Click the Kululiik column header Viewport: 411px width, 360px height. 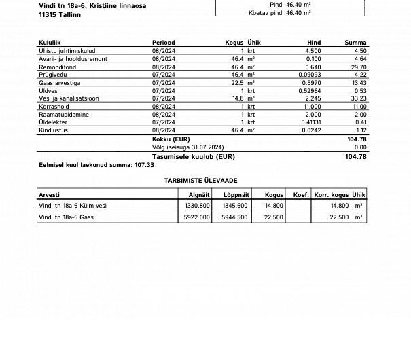(52, 42)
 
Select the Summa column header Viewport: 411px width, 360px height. (356, 42)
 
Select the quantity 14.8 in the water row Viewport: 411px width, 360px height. (238, 98)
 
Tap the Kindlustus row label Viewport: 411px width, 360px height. (54, 130)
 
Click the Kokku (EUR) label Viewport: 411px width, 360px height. (171, 139)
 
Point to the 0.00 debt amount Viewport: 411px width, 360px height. (361, 147)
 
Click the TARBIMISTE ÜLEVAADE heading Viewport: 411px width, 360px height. (202, 181)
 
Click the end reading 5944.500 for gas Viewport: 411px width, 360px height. (235, 217)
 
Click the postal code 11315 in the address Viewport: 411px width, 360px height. (50, 13)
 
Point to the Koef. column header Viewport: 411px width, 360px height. (300, 194)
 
